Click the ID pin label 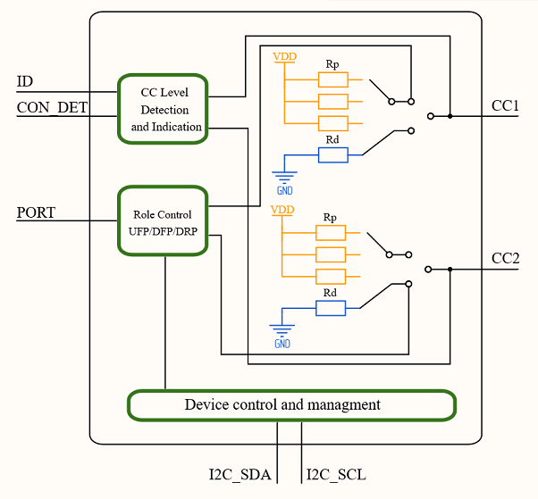pos(25,82)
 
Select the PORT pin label pos(36,212)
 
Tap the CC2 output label pos(506,260)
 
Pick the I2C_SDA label pos(240,474)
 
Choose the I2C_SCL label pos(336,474)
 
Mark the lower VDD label pos(282,210)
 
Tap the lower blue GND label pos(282,344)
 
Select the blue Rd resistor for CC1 pos(332,155)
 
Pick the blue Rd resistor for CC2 pos(331,308)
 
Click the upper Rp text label pos(332,64)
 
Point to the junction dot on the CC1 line pos(450,115)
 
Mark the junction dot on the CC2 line pos(450,269)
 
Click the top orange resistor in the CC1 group pos(332,79)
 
